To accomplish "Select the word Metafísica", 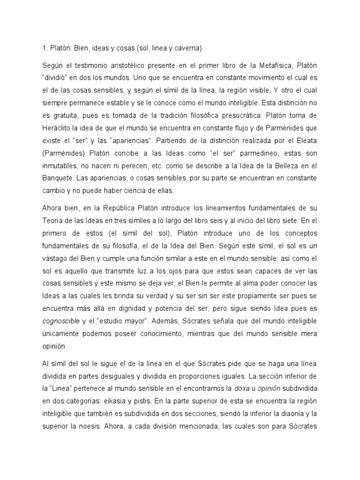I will point(280,65).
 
